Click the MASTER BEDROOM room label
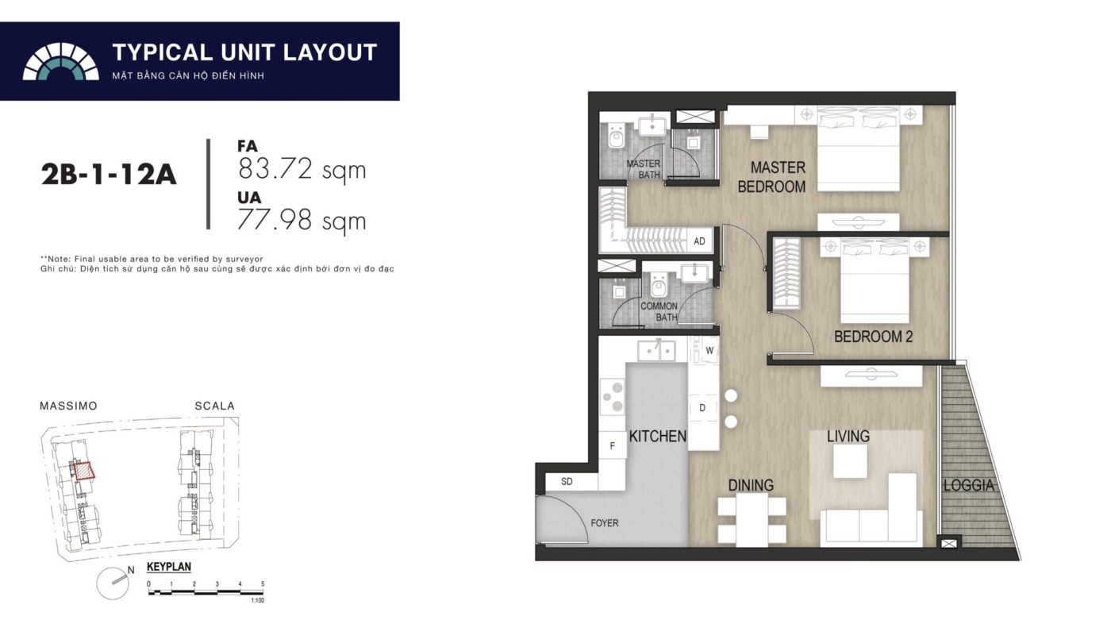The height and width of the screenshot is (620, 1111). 771,177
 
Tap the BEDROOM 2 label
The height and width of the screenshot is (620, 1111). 873,337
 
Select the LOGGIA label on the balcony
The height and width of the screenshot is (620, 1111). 969,486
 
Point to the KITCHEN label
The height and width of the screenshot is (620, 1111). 658,437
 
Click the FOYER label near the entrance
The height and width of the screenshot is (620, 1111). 605,523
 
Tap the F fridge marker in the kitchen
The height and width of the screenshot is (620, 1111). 612,445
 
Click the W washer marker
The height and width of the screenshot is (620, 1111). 709,351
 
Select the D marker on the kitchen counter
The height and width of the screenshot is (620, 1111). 702,408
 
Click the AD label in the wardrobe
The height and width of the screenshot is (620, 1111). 699,241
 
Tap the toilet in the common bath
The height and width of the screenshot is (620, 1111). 659,283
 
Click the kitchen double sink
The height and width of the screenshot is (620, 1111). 657,351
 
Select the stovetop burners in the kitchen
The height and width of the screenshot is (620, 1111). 613,396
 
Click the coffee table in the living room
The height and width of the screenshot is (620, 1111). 850,460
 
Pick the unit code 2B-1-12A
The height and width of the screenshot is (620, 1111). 109,175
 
